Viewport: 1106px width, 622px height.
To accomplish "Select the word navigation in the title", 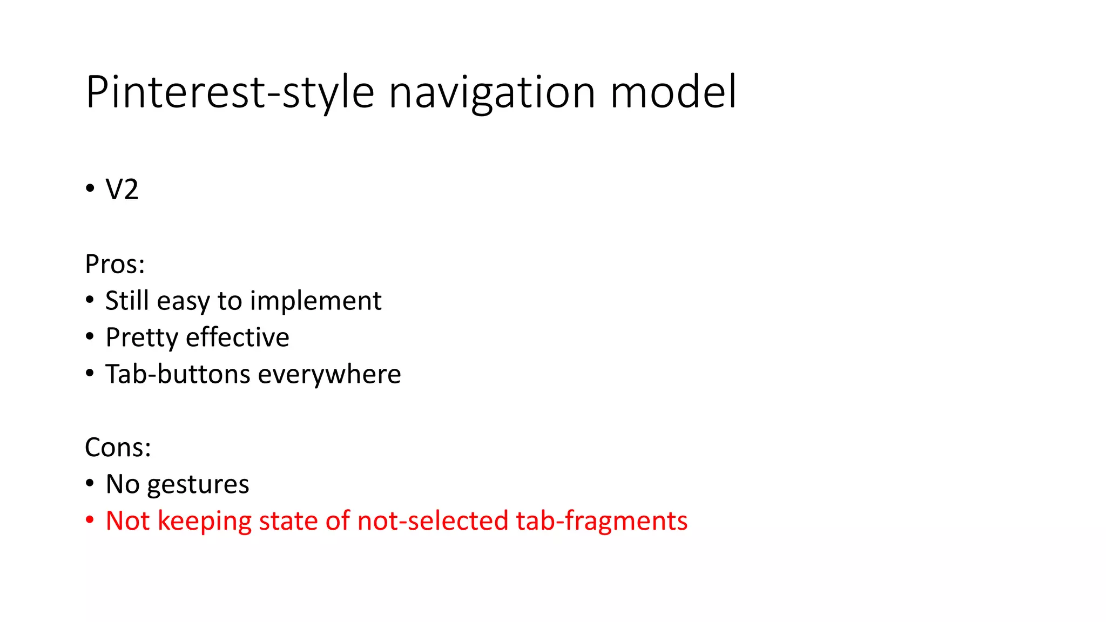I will pos(492,93).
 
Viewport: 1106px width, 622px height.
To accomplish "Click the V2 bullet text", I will pos(122,190).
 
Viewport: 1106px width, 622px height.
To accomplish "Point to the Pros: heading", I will pos(115,265).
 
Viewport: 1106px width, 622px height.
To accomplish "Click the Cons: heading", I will pos(118,448).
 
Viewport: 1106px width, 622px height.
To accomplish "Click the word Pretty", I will pos(141,338).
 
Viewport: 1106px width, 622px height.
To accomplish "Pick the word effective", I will pos(238,337).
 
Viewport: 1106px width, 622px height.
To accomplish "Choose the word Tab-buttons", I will pos(178,374).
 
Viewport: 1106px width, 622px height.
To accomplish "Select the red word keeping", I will pos(204,522).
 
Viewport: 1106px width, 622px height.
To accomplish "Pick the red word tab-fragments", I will pos(602,522).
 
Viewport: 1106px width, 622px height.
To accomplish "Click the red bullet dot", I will pos(90,520).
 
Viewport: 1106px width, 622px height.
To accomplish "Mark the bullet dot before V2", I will pos(90,190).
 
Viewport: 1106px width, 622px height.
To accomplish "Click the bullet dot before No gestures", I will pos(90,484).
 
